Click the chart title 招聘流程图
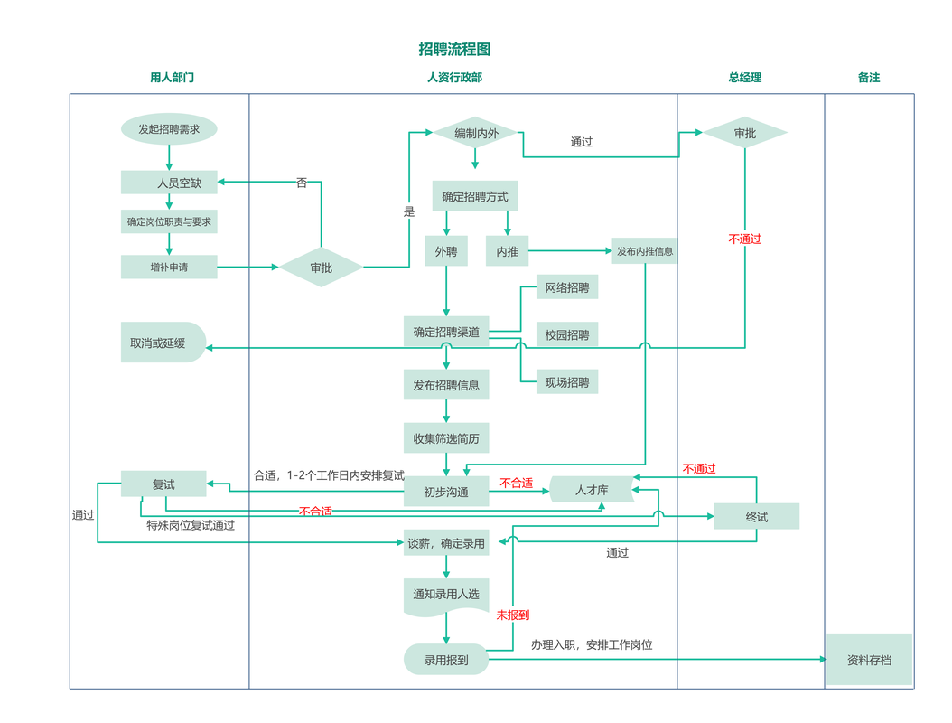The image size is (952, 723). [454, 49]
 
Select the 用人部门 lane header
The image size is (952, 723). [172, 77]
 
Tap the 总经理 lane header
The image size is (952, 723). [744, 77]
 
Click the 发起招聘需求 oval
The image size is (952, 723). [169, 129]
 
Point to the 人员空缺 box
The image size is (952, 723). [169, 183]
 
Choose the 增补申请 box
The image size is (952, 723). [169, 267]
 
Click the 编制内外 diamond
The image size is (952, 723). [476, 133]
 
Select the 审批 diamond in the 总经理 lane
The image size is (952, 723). [745, 133]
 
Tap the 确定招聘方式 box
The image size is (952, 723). [475, 195]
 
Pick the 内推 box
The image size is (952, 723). [507, 251]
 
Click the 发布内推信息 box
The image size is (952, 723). [644, 251]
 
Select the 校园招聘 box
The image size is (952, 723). [567, 334]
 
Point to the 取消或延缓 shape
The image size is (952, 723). [163, 342]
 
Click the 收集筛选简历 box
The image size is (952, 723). [446, 437]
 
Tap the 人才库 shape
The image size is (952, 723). [592, 490]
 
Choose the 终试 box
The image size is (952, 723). [757, 516]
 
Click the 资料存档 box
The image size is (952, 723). [869, 659]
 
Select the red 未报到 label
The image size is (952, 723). [512, 615]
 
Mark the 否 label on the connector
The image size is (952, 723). [302, 183]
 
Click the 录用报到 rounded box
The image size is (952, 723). [446, 659]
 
